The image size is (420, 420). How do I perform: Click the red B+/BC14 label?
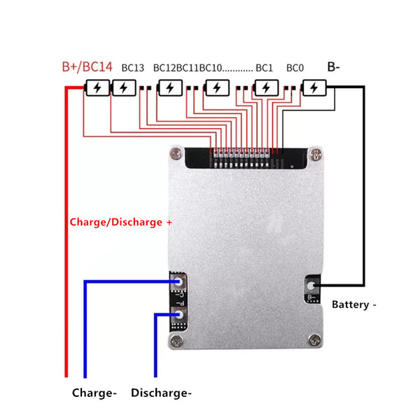point(86,67)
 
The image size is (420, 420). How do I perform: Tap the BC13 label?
point(132,68)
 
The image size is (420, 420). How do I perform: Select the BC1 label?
point(264,68)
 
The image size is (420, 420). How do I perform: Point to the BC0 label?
point(295,68)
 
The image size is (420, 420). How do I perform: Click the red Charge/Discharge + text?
point(120,222)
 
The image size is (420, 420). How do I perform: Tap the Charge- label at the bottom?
point(94,393)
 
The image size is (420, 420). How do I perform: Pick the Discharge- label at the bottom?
point(161,393)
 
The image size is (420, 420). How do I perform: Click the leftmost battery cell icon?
point(96,88)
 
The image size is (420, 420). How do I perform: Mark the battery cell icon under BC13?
point(124,88)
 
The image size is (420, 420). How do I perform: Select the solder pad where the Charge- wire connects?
point(178,281)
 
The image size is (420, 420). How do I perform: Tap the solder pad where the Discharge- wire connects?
point(178,315)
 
